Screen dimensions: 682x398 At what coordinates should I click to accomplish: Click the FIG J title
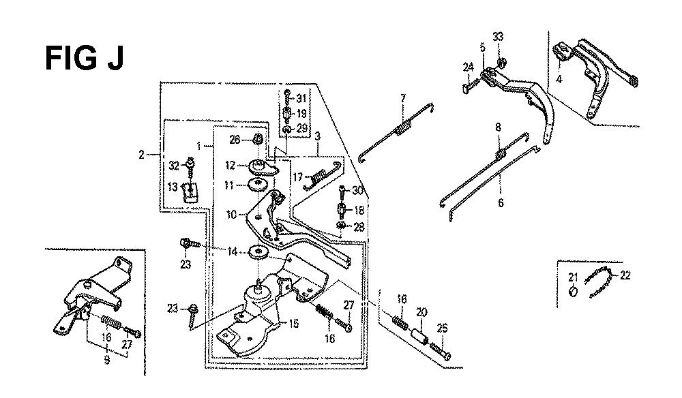pyautogui.click(x=85, y=58)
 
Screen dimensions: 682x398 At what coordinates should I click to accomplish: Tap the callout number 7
pyautogui.click(x=403, y=98)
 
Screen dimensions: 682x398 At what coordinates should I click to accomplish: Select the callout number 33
pyautogui.click(x=498, y=37)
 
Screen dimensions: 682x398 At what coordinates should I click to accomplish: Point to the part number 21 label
pyautogui.click(x=574, y=277)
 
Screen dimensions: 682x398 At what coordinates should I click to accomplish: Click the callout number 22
pyautogui.click(x=625, y=275)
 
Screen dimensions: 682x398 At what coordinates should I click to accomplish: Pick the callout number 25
pyautogui.click(x=442, y=328)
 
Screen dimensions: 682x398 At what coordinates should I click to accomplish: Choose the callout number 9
pyautogui.click(x=107, y=361)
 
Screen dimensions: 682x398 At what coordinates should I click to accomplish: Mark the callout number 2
pyautogui.click(x=141, y=154)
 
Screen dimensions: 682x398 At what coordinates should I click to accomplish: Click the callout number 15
pyautogui.click(x=294, y=323)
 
